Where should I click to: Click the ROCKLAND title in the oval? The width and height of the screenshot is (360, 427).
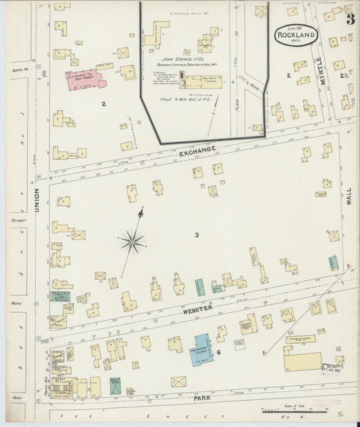click(x=296, y=35)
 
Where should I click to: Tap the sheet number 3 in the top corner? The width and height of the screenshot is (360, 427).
click(x=351, y=19)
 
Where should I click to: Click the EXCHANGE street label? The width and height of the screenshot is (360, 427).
click(x=197, y=149)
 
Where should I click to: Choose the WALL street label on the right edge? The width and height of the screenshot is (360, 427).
click(x=349, y=197)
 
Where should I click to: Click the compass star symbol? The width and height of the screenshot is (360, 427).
click(x=133, y=240)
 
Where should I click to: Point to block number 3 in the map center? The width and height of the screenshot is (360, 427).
click(x=197, y=235)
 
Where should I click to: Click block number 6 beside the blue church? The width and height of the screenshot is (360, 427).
click(x=219, y=353)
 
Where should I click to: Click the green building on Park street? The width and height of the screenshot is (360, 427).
click(x=115, y=386)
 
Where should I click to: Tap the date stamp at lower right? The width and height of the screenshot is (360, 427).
click(x=332, y=366)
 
